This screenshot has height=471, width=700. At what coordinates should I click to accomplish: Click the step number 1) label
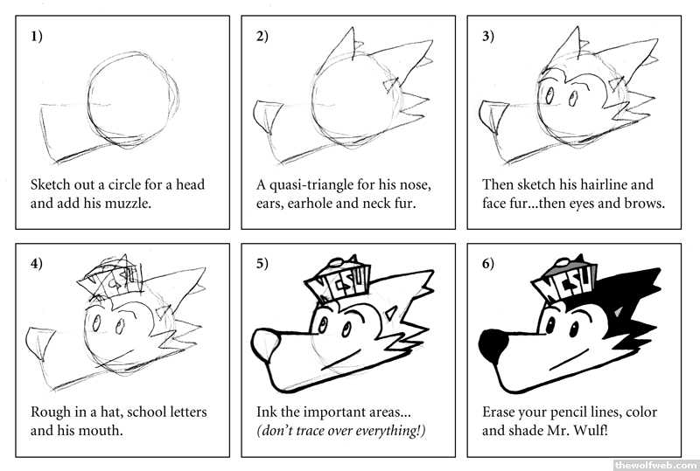click(37, 36)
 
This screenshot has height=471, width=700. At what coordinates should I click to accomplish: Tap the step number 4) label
click(37, 264)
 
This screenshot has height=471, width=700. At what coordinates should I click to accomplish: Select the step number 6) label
click(488, 264)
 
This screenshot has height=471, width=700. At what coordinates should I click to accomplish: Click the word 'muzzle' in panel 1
click(128, 204)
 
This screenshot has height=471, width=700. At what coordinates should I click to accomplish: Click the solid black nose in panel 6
click(493, 344)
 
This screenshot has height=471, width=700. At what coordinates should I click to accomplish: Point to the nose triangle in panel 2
click(267, 116)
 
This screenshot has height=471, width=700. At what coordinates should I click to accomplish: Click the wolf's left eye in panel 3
click(549, 94)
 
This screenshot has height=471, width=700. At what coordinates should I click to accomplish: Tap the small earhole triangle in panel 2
click(391, 84)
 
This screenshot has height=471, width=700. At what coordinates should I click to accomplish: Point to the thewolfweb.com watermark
click(655, 465)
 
